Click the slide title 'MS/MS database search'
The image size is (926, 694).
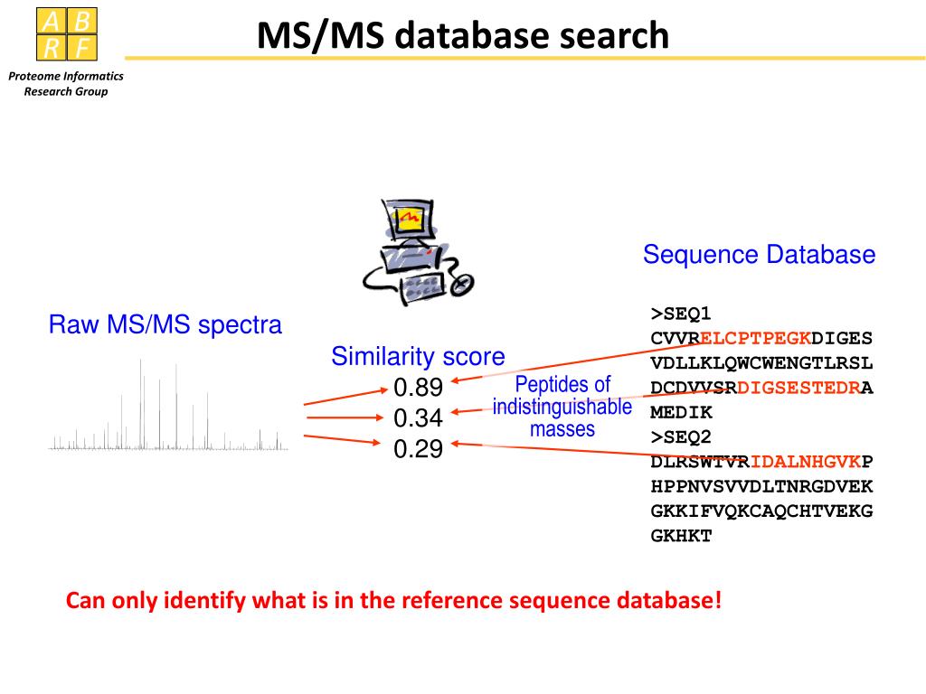point(462,36)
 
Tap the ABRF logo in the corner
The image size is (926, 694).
point(66,34)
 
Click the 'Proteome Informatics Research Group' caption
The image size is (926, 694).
point(66,83)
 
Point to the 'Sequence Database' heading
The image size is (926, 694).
point(759,255)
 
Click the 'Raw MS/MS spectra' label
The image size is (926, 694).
point(165,324)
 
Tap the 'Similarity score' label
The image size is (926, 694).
point(418,356)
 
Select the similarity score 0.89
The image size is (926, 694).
point(418,388)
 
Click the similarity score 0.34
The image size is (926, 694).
point(418,418)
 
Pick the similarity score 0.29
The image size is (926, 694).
point(418,448)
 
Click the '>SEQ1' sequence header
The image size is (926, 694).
point(681,314)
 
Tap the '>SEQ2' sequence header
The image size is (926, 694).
point(681,437)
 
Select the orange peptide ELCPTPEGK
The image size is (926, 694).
point(756,339)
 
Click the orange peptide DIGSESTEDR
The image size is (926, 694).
point(798,389)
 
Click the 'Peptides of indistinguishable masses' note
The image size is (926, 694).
point(562,407)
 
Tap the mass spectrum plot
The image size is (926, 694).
point(168,411)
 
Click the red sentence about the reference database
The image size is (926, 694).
point(394,600)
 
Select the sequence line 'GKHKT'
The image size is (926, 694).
point(681,536)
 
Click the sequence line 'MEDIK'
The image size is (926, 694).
point(681,413)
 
